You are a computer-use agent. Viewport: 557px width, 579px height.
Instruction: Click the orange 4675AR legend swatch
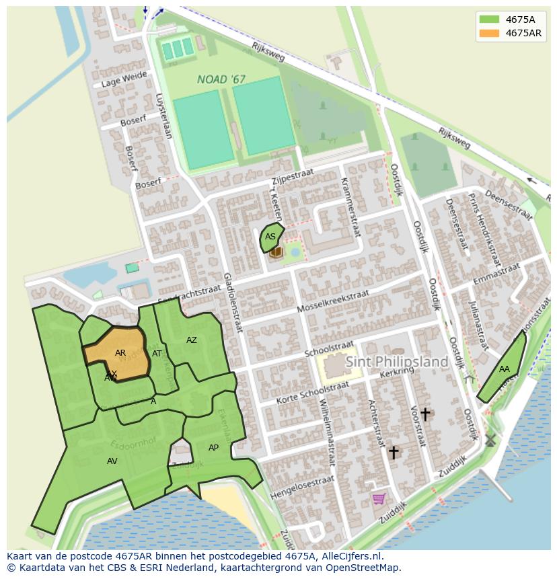(489, 33)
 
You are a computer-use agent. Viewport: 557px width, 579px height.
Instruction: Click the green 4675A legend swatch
(489, 20)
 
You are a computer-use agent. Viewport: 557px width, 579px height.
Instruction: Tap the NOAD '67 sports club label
(221, 79)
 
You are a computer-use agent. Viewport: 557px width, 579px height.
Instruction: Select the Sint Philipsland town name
(397, 362)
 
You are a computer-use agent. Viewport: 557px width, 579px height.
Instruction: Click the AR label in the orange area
(120, 353)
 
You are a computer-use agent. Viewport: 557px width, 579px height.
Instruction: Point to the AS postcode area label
(270, 237)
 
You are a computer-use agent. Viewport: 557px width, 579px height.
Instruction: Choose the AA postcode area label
(505, 369)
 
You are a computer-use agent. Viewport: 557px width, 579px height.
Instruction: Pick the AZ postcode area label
(192, 340)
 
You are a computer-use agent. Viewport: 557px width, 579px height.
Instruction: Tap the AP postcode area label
(213, 448)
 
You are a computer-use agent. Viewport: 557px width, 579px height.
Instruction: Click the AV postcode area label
(112, 461)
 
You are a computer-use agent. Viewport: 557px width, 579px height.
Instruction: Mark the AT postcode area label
(157, 354)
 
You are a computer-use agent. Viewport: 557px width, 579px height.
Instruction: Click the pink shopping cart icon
(379, 498)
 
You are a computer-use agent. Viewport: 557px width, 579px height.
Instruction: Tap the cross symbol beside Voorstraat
(425, 414)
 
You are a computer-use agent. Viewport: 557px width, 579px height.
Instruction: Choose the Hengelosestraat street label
(301, 488)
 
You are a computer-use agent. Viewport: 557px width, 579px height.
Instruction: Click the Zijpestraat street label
(293, 173)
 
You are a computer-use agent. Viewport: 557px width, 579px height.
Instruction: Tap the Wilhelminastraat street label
(327, 433)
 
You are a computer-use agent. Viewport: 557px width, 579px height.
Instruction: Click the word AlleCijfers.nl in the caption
(350, 556)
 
